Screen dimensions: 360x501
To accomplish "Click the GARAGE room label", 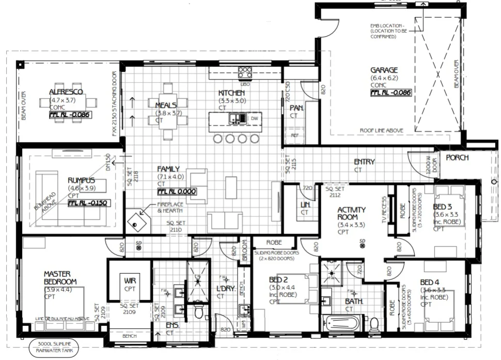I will click(x=384, y=70).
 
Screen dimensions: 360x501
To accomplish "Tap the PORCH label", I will click(x=457, y=158).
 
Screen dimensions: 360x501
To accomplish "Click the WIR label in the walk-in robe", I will click(x=129, y=281).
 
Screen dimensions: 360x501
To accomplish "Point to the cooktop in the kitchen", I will click(x=245, y=72).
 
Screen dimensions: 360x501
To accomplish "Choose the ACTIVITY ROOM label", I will click(x=352, y=213).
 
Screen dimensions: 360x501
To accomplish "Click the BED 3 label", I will click(x=443, y=207).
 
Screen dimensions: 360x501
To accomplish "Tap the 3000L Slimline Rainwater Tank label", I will click(x=55, y=347).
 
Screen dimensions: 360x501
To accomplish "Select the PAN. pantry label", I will click(x=296, y=108).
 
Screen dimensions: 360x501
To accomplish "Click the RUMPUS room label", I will click(x=81, y=180).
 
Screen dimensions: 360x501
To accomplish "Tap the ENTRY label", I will click(x=364, y=162).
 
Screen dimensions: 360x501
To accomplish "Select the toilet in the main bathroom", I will click(x=375, y=323).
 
